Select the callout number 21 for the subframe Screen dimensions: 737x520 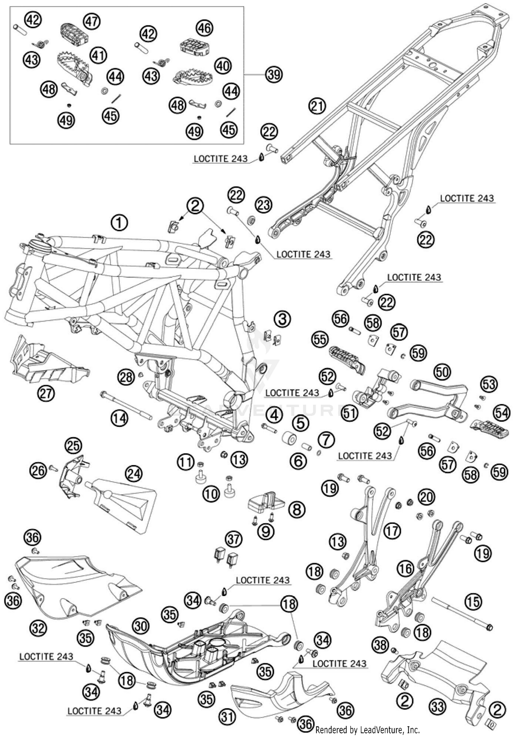point(317,106)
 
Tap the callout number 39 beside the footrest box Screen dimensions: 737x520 point(274,74)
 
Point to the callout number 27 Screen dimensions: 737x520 point(46,393)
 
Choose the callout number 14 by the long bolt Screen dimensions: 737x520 point(119,418)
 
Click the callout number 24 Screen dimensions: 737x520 point(134,474)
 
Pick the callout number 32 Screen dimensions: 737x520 point(38,627)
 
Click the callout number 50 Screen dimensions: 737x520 point(442,372)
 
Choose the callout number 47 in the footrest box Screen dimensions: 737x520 point(92,21)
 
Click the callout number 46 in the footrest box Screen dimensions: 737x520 point(204,28)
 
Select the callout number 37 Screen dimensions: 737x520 point(234,539)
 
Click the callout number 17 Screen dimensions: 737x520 point(392,530)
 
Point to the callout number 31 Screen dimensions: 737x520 point(227,716)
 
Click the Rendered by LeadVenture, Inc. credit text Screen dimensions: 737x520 point(367,730)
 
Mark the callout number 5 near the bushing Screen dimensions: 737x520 point(300,423)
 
